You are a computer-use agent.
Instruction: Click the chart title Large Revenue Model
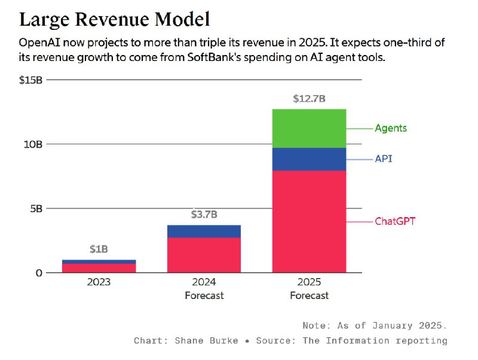(x=115, y=19)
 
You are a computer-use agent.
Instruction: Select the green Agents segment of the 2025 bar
(x=309, y=129)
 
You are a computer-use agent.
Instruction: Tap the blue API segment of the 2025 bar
(x=309, y=159)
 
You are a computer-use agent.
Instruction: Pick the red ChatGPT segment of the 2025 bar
(x=309, y=221)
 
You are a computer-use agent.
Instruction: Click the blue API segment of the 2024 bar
(x=204, y=231)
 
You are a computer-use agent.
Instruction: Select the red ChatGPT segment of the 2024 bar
(x=204, y=255)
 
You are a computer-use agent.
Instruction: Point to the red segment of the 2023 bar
(x=99, y=268)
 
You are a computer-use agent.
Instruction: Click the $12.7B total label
(x=309, y=99)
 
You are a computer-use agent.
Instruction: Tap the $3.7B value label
(x=204, y=214)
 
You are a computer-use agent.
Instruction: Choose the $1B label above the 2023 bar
(x=99, y=249)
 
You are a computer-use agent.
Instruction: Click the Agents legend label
(x=391, y=128)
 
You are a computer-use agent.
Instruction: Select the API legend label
(x=384, y=159)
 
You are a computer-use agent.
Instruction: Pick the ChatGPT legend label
(x=395, y=221)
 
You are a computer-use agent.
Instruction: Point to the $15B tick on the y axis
(x=31, y=80)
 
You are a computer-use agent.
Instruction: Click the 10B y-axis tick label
(x=33, y=144)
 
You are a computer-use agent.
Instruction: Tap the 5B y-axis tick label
(x=36, y=209)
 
